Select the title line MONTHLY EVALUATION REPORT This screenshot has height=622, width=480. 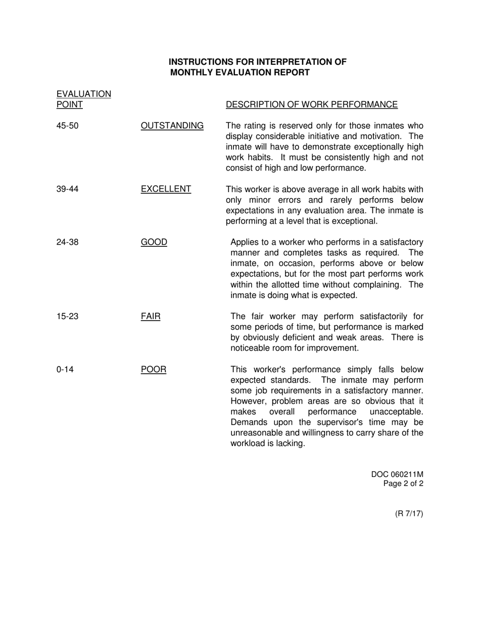(240, 72)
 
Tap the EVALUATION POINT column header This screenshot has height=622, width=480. (83, 100)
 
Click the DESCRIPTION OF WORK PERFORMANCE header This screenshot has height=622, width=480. (312, 105)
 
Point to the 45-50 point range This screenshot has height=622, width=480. (67, 125)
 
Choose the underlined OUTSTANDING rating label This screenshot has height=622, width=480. (172, 125)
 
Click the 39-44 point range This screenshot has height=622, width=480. (67, 189)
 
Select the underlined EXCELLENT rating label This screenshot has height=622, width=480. (166, 189)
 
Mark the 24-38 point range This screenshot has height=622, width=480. (67, 242)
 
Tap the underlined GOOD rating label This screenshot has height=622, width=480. (154, 242)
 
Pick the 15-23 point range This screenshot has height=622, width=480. (67, 317)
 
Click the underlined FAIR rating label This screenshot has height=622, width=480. (151, 317)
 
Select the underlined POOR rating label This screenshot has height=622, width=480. (154, 369)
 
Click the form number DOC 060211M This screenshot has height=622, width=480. (397, 474)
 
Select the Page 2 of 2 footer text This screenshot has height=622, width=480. (403, 483)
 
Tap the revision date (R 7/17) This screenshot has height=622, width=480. (409, 514)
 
